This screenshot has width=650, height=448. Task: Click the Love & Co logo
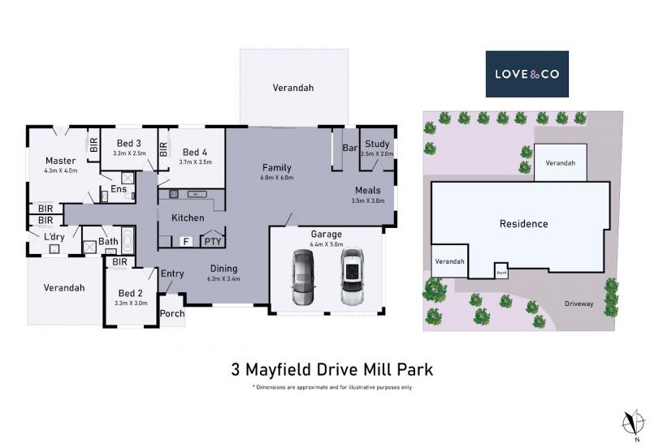[x=526, y=74]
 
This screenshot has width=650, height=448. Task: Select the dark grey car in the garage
[x=303, y=277]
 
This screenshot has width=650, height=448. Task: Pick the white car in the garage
[x=352, y=276]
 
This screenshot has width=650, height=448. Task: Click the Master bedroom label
[x=60, y=161]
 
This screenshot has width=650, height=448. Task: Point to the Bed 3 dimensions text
[x=129, y=153]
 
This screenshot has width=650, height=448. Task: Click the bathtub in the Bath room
[x=128, y=240]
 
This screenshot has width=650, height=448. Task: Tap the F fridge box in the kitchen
[x=186, y=241]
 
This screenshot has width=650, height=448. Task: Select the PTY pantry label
[x=213, y=241]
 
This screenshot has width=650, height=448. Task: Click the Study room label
[x=377, y=144]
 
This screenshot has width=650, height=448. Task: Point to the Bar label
[x=350, y=148]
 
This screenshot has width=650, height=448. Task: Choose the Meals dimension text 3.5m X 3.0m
[x=368, y=200]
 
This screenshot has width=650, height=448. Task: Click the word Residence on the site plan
[x=523, y=224]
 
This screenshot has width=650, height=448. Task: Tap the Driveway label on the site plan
[x=578, y=304]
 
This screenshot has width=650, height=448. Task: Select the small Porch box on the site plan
[x=501, y=271]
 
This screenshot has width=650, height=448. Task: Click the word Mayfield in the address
[x=279, y=369]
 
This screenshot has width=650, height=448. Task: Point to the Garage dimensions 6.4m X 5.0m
[x=327, y=244]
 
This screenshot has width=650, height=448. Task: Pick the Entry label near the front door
[x=172, y=274]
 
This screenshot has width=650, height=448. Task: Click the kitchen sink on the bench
[x=197, y=194]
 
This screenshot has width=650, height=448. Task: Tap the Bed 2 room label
[x=130, y=293]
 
